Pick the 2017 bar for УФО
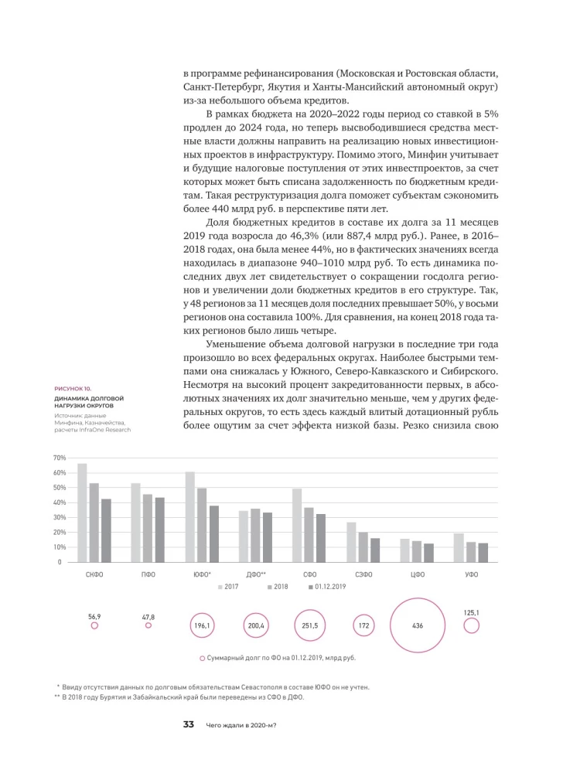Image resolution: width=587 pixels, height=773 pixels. tap(459, 547)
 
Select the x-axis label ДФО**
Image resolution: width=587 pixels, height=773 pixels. tap(255, 575)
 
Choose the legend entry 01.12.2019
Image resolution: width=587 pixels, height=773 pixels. tap(327, 587)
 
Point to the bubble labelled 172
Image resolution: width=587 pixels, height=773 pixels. tap(363, 625)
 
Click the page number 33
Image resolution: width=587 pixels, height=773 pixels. tap(188, 724)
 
